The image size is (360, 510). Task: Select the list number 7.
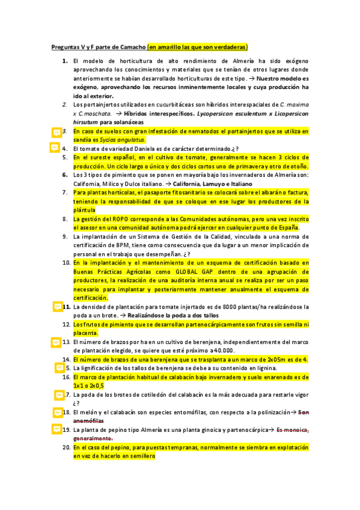64,192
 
